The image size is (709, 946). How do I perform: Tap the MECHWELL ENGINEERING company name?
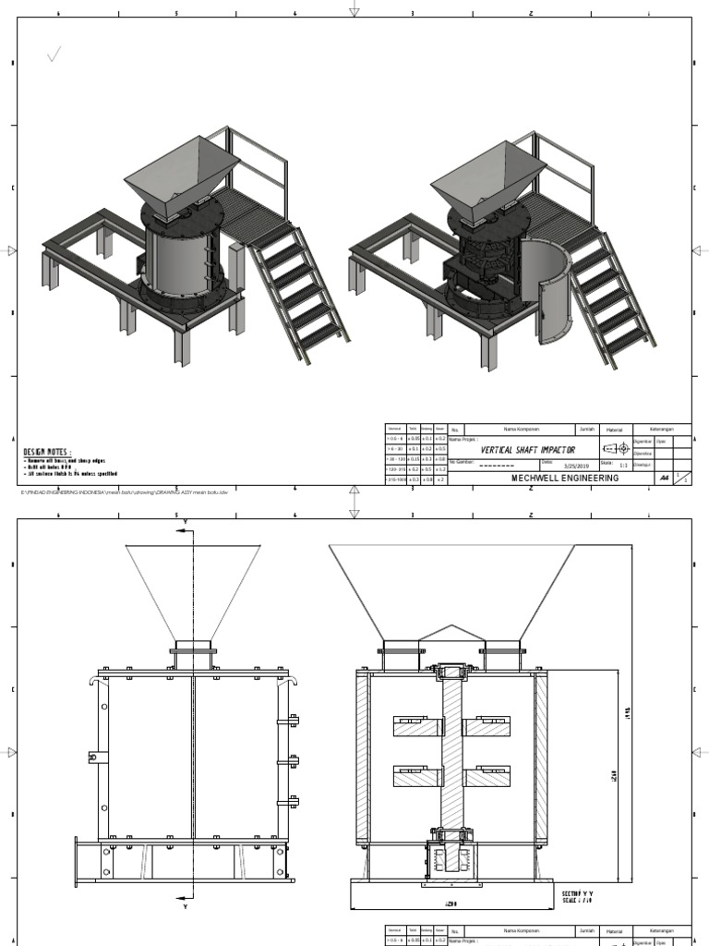(565, 479)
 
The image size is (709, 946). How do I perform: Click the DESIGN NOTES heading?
(47, 452)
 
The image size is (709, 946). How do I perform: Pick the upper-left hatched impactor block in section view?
(416, 726)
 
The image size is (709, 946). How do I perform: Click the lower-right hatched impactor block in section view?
(487, 776)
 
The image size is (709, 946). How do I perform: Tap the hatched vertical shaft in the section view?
(451, 748)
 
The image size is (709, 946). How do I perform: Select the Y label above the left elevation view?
(186, 521)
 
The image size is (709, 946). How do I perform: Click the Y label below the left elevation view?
(186, 907)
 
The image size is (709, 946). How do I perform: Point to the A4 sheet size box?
(663, 479)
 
